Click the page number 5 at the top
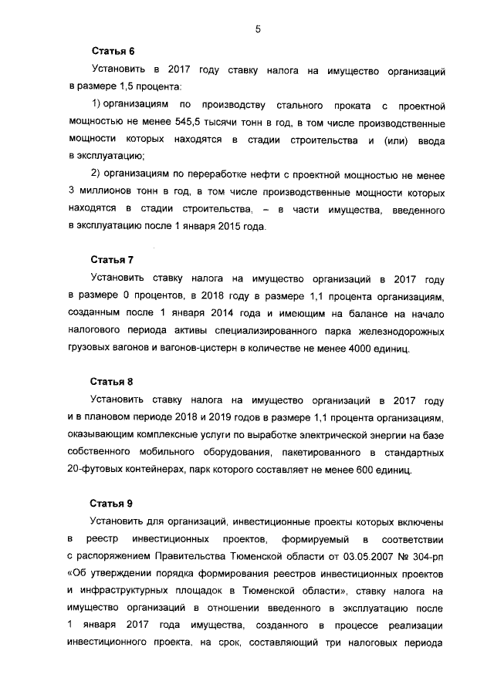pyautogui.click(x=257, y=29)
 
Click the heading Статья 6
pyautogui.click(x=113, y=52)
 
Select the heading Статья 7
pyautogui.click(x=113, y=261)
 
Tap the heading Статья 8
pyautogui.click(x=113, y=382)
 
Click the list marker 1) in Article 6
pyautogui.click(x=96, y=103)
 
